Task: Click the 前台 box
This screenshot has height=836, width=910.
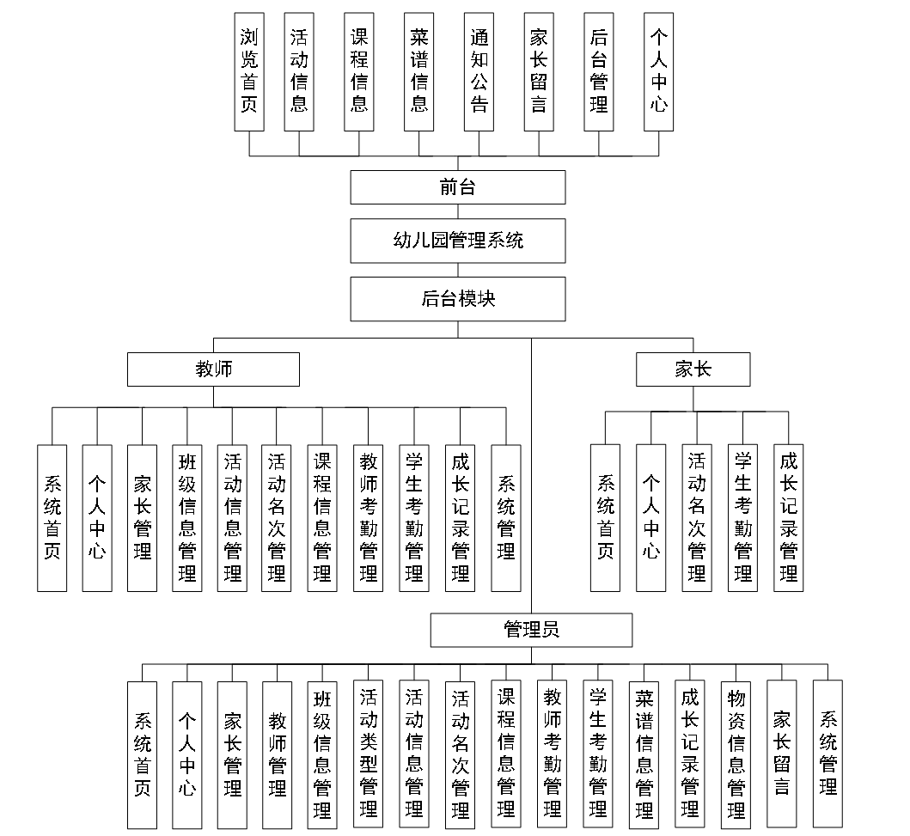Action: [457, 187]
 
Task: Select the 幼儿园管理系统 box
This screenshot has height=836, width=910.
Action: [457, 241]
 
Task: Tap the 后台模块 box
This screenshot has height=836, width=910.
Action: [457, 298]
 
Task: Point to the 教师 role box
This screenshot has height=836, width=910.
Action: [213, 369]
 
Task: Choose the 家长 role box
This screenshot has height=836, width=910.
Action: [693, 369]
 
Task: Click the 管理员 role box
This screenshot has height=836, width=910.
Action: [531, 630]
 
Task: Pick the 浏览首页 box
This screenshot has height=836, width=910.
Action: [249, 71]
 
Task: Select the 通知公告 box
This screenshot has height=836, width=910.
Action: [479, 71]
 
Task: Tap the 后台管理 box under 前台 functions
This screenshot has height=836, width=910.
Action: [599, 71]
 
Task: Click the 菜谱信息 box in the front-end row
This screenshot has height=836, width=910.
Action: [418, 71]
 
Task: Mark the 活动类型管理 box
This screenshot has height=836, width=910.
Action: [369, 754]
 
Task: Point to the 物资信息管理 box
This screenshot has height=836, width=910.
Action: [736, 754]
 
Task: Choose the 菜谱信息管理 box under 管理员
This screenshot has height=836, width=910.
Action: [644, 754]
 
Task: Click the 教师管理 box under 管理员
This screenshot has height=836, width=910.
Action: [278, 754]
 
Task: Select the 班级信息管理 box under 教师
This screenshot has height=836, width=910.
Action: [186, 517]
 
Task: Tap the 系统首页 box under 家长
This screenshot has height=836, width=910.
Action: [605, 517]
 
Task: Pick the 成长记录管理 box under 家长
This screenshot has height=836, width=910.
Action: [788, 517]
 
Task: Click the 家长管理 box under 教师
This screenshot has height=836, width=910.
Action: [142, 517]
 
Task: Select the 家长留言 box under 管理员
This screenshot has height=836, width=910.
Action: [782, 754]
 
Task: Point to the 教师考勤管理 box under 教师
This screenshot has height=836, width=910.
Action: [368, 517]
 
